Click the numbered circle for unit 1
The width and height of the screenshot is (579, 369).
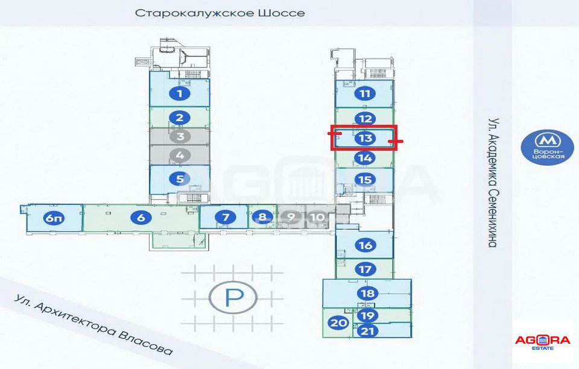tap(180, 93)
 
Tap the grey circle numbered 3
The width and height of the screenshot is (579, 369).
tap(180, 136)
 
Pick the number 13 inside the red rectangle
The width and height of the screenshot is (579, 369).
tap(365, 139)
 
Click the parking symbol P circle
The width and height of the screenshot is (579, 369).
tap(233, 297)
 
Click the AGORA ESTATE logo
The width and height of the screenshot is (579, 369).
tap(542, 342)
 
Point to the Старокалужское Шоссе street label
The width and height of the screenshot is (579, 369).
tap(220, 13)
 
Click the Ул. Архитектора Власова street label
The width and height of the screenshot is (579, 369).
tap(93, 325)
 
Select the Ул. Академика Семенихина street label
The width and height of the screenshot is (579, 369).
tap(494, 183)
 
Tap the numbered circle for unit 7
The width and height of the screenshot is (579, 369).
tap(225, 217)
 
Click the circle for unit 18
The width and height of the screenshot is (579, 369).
tap(368, 294)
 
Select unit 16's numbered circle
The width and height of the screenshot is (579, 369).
tap(365, 245)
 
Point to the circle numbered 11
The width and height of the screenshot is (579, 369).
tap(365, 93)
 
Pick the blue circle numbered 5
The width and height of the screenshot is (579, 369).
tap(180, 179)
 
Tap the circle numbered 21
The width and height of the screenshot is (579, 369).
tap(367, 330)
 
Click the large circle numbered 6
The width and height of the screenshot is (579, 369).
tap(141, 217)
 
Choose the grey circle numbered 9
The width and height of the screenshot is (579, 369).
tap(291, 217)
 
